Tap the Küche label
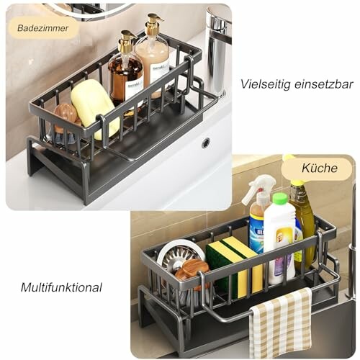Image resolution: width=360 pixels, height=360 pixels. (x=316, y=169)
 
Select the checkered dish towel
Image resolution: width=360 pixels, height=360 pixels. (x=282, y=323)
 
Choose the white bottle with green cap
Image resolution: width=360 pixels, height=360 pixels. (x=279, y=238)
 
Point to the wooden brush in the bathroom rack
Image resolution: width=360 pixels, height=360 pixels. (x=67, y=116)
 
